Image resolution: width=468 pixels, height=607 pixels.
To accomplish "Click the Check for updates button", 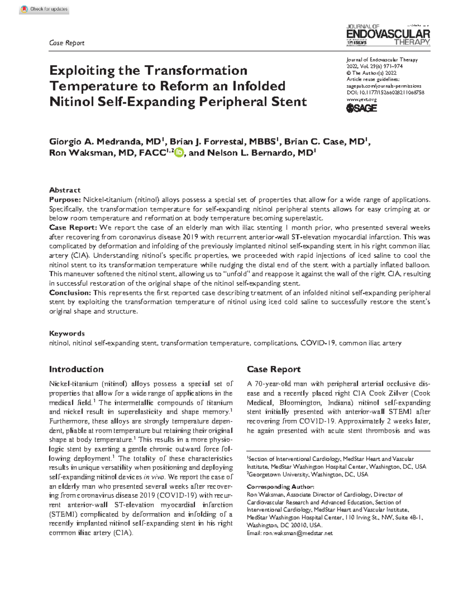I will pos(44,9).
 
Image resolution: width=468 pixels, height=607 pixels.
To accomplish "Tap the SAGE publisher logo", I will pos(362,108).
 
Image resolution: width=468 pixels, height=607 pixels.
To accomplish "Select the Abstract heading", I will pos(65,190).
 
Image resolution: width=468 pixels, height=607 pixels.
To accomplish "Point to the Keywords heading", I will pos(67,333).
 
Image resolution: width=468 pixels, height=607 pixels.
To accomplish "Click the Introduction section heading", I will pos(76,369).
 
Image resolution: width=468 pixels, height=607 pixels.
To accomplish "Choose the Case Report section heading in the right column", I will pos(274,369).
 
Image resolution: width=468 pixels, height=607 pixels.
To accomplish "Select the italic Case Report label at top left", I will pos(67,43).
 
